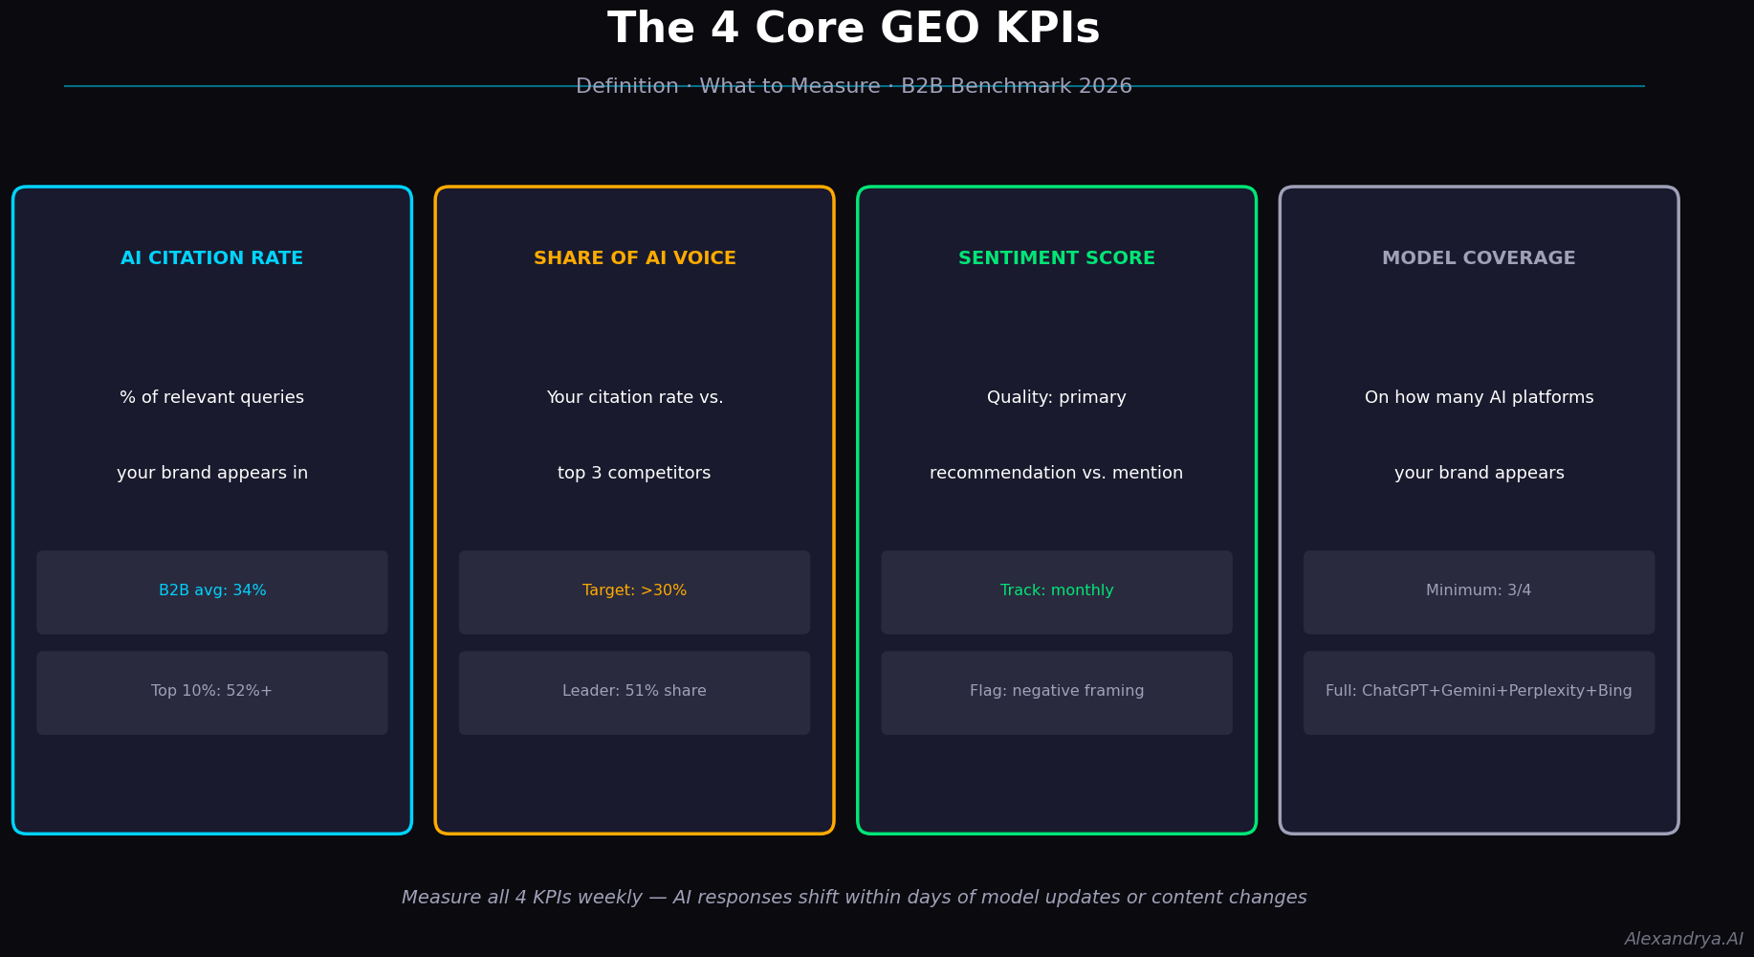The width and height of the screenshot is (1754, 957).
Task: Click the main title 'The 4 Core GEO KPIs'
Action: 853,29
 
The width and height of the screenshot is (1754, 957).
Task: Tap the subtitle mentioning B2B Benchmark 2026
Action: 853,87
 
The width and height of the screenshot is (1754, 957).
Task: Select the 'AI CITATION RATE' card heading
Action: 212,258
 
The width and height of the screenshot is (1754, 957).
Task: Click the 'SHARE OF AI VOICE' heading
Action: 635,258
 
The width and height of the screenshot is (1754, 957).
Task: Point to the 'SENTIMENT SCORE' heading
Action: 1057,258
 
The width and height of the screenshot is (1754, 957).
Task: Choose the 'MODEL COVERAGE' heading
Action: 1479,258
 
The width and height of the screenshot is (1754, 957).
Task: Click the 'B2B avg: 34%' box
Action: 212,591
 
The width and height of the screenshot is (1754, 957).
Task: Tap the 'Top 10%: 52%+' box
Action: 212,693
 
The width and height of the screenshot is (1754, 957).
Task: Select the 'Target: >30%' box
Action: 635,591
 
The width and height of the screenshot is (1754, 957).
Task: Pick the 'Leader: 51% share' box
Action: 635,693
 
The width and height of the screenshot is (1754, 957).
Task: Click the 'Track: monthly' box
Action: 1057,591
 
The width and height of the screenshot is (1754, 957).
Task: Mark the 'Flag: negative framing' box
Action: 1057,693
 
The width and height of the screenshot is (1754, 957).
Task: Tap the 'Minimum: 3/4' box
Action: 1479,591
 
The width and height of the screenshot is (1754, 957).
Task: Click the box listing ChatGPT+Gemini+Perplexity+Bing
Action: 1479,693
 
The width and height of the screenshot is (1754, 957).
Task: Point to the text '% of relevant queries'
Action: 212,398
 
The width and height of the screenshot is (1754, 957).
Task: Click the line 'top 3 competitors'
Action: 635,474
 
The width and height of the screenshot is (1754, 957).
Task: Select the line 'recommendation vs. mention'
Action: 1057,474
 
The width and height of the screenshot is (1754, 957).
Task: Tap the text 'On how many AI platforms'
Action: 1479,398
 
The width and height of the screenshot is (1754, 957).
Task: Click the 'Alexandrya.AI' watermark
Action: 1684,940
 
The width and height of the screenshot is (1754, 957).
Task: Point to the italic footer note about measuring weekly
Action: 854,898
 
